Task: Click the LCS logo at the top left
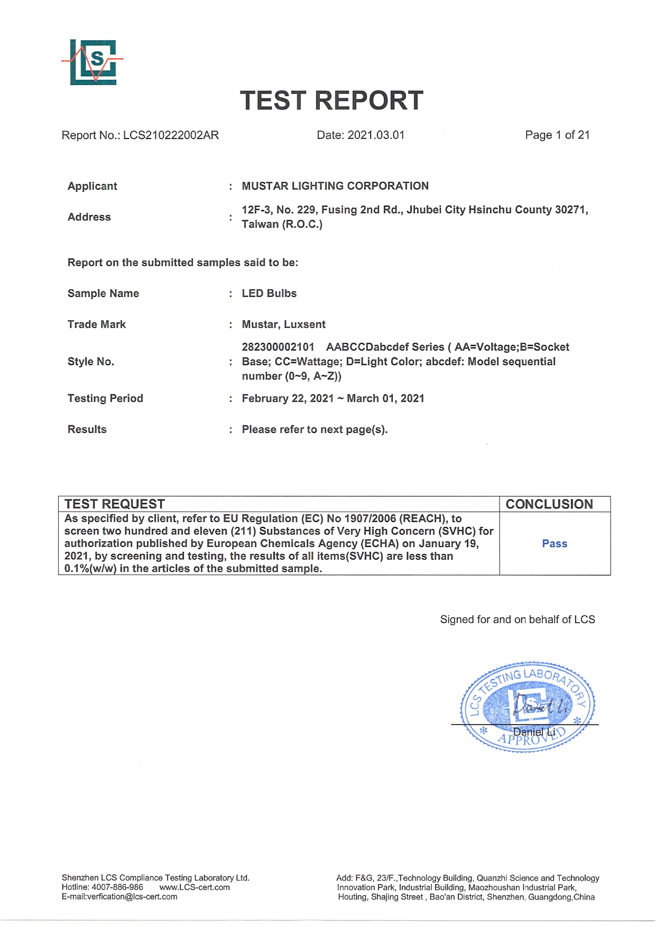[93, 62]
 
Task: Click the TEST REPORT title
[331, 100]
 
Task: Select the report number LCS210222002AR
[171, 135]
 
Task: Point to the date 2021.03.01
[376, 135]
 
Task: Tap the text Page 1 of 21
[557, 135]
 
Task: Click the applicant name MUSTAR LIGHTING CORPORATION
[335, 186]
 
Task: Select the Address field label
[89, 217]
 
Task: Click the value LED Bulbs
[269, 293]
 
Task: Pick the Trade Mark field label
[97, 325]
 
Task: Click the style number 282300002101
[278, 347]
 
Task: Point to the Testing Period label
[105, 398]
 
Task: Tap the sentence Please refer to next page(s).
[315, 430]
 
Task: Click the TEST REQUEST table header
[115, 504]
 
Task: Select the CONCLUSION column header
[549, 504]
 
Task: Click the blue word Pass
[555, 544]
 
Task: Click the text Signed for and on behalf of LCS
[518, 619]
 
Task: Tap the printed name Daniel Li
[534, 732]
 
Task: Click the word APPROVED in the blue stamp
[532, 737]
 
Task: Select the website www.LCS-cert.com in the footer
[195, 887]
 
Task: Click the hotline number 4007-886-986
[117, 887]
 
